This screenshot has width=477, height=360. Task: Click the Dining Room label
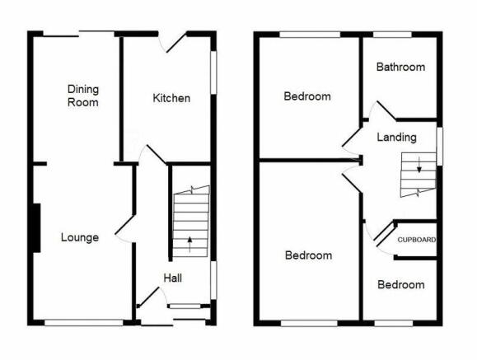pyautogui.click(x=83, y=96)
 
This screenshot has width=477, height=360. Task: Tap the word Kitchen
pyautogui.click(x=171, y=98)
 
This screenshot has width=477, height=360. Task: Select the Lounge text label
pyautogui.click(x=80, y=237)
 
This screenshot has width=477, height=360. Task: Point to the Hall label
pyautogui.click(x=173, y=278)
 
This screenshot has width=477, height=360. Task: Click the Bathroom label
pyautogui.click(x=400, y=67)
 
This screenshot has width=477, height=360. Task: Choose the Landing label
pyautogui.click(x=397, y=138)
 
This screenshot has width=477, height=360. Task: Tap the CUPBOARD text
pyautogui.click(x=417, y=240)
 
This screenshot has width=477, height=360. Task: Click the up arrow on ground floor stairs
pyautogui.click(x=189, y=245)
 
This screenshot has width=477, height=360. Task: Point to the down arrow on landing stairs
pyautogui.click(x=419, y=165)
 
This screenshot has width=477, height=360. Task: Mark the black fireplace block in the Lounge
pyautogui.click(x=36, y=228)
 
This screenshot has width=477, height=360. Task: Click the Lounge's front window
pyautogui.click(x=84, y=323)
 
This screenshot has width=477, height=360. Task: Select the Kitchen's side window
pyautogui.click(x=214, y=72)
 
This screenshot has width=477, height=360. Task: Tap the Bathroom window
pyautogui.click(x=392, y=35)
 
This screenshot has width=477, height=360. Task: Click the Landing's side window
pyautogui.click(x=440, y=147)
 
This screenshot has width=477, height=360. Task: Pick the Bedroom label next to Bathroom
pyautogui.click(x=307, y=96)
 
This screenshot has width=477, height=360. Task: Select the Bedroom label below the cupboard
pyautogui.click(x=401, y=285)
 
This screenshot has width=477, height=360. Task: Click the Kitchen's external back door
pyautogui.click(x=176, y=41)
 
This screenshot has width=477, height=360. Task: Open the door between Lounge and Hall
pyautogui.click(x=124, y=225)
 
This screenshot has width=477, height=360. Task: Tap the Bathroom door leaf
pyautogui.click(x=386, y=110)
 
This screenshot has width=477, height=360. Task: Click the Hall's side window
pyautogui.click(x=214, y=280)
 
